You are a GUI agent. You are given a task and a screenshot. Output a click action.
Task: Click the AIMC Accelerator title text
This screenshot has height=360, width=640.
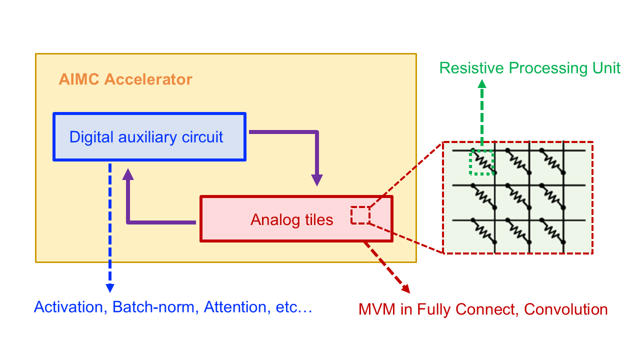point(125,79)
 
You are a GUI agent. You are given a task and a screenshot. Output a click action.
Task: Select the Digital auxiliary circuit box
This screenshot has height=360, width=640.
point(149,137)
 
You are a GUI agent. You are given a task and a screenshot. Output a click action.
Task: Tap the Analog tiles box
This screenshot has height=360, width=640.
point(296,219)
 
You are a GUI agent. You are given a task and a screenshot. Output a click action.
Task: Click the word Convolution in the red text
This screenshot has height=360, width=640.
point(566,309)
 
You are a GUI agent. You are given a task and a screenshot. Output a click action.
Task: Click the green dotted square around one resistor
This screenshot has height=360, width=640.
point(481,162)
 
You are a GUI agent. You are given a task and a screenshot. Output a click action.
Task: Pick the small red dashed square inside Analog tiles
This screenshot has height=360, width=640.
point(360,215)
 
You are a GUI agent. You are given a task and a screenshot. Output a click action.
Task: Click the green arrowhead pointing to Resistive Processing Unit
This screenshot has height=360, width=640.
point(482,83)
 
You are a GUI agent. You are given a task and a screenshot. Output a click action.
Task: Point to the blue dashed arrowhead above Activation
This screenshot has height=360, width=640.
point(110,288)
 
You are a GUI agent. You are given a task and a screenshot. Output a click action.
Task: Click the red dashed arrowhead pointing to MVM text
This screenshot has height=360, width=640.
point(404,288)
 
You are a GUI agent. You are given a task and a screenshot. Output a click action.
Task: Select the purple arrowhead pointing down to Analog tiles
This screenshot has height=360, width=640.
point(317,180)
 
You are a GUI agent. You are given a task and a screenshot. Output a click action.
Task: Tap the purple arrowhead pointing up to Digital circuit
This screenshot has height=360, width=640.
point(128,173)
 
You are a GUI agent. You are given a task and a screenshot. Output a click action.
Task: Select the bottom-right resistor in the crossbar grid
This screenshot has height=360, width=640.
point(552,231)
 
